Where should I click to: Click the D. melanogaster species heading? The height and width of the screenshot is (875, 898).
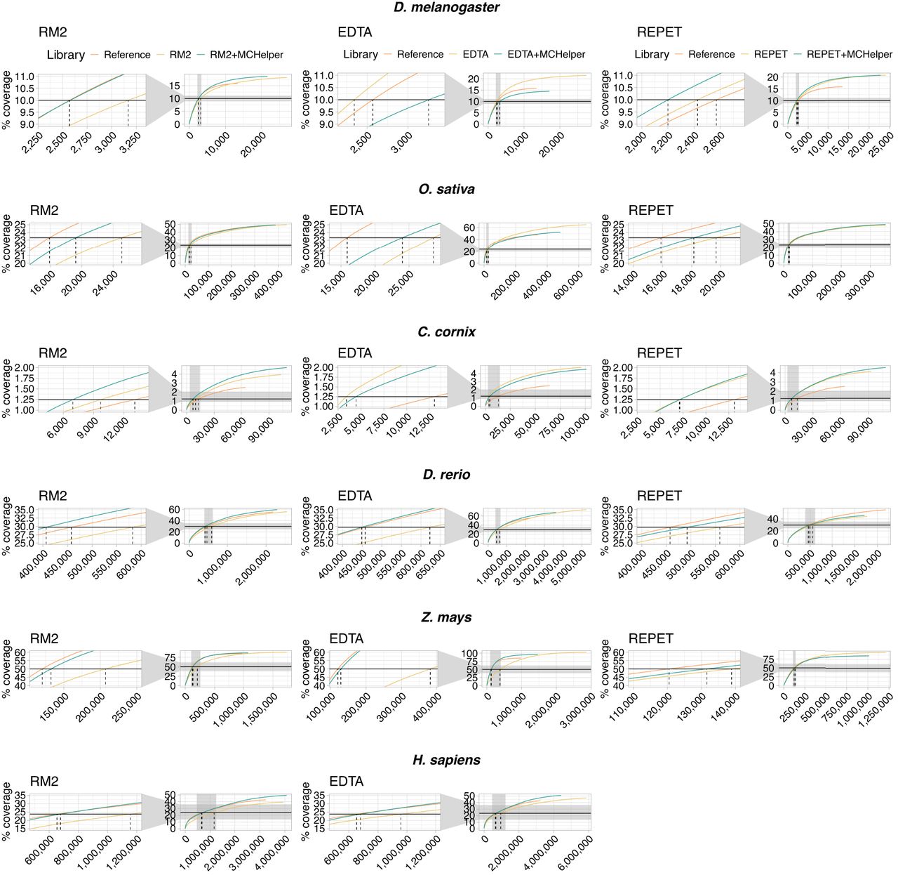(446, 8)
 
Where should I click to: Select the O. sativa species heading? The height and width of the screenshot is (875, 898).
(446, 190)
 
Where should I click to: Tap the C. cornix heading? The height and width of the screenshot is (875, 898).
(446, 332)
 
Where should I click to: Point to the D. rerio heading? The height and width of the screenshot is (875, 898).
(446, 475)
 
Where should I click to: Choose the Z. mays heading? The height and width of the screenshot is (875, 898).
(446, 617)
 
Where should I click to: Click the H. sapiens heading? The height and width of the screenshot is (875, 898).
(446, 760)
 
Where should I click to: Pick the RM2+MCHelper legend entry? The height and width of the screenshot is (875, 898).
(246, 55)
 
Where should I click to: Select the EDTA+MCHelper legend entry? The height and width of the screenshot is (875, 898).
(546, 55)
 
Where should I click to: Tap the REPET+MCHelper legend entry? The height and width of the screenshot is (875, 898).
(849, 55)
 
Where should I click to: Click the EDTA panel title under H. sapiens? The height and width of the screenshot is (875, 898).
(347, 782)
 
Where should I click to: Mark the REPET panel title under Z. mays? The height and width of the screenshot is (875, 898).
(650, 639)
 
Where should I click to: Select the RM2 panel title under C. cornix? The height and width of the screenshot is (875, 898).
(53, 353)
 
